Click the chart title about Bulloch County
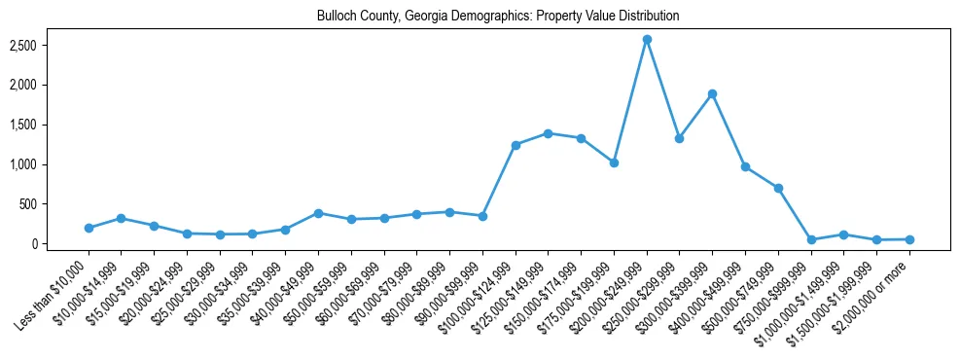click(x=497, y=17)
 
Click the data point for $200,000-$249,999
click(x=647, y=40)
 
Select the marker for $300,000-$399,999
click(x=712, y=94)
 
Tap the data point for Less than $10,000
click(x=89, y=228)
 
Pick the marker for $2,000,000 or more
click(x=909, y=239)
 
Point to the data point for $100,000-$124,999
click(x=516, y=145)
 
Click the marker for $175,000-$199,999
click(x=614, y=162)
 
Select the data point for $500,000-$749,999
click(x=778, y=188)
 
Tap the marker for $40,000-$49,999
click(x=318, y=213)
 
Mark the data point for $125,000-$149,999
click(x=549, y=133)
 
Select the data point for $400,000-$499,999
click(x=745, y=167)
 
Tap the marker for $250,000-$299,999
click(x=679, y=138)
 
